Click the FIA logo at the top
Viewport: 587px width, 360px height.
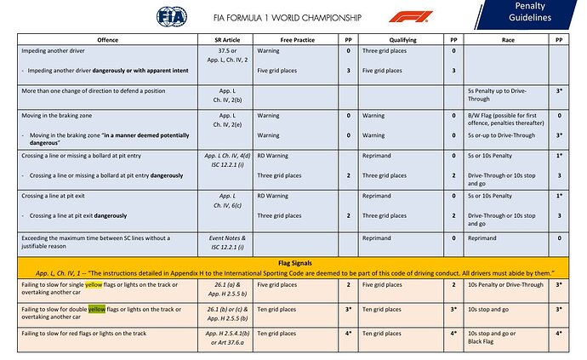pyautogui.click(x=172, y=16)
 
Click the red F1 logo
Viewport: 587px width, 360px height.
pyautogui.click(x=410, y=17)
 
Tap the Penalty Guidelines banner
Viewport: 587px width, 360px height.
pyautogui.click(x=537, y=14)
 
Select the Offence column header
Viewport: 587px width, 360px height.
pyautogui.click(x=107, y=39)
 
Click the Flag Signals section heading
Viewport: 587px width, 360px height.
pyautogui.click(x=293, y=261)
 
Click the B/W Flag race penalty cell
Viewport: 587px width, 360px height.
pyautogui.click(x=506, y=115)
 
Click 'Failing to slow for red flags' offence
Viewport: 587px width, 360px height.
pyautogui.click(x=82, y=333)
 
